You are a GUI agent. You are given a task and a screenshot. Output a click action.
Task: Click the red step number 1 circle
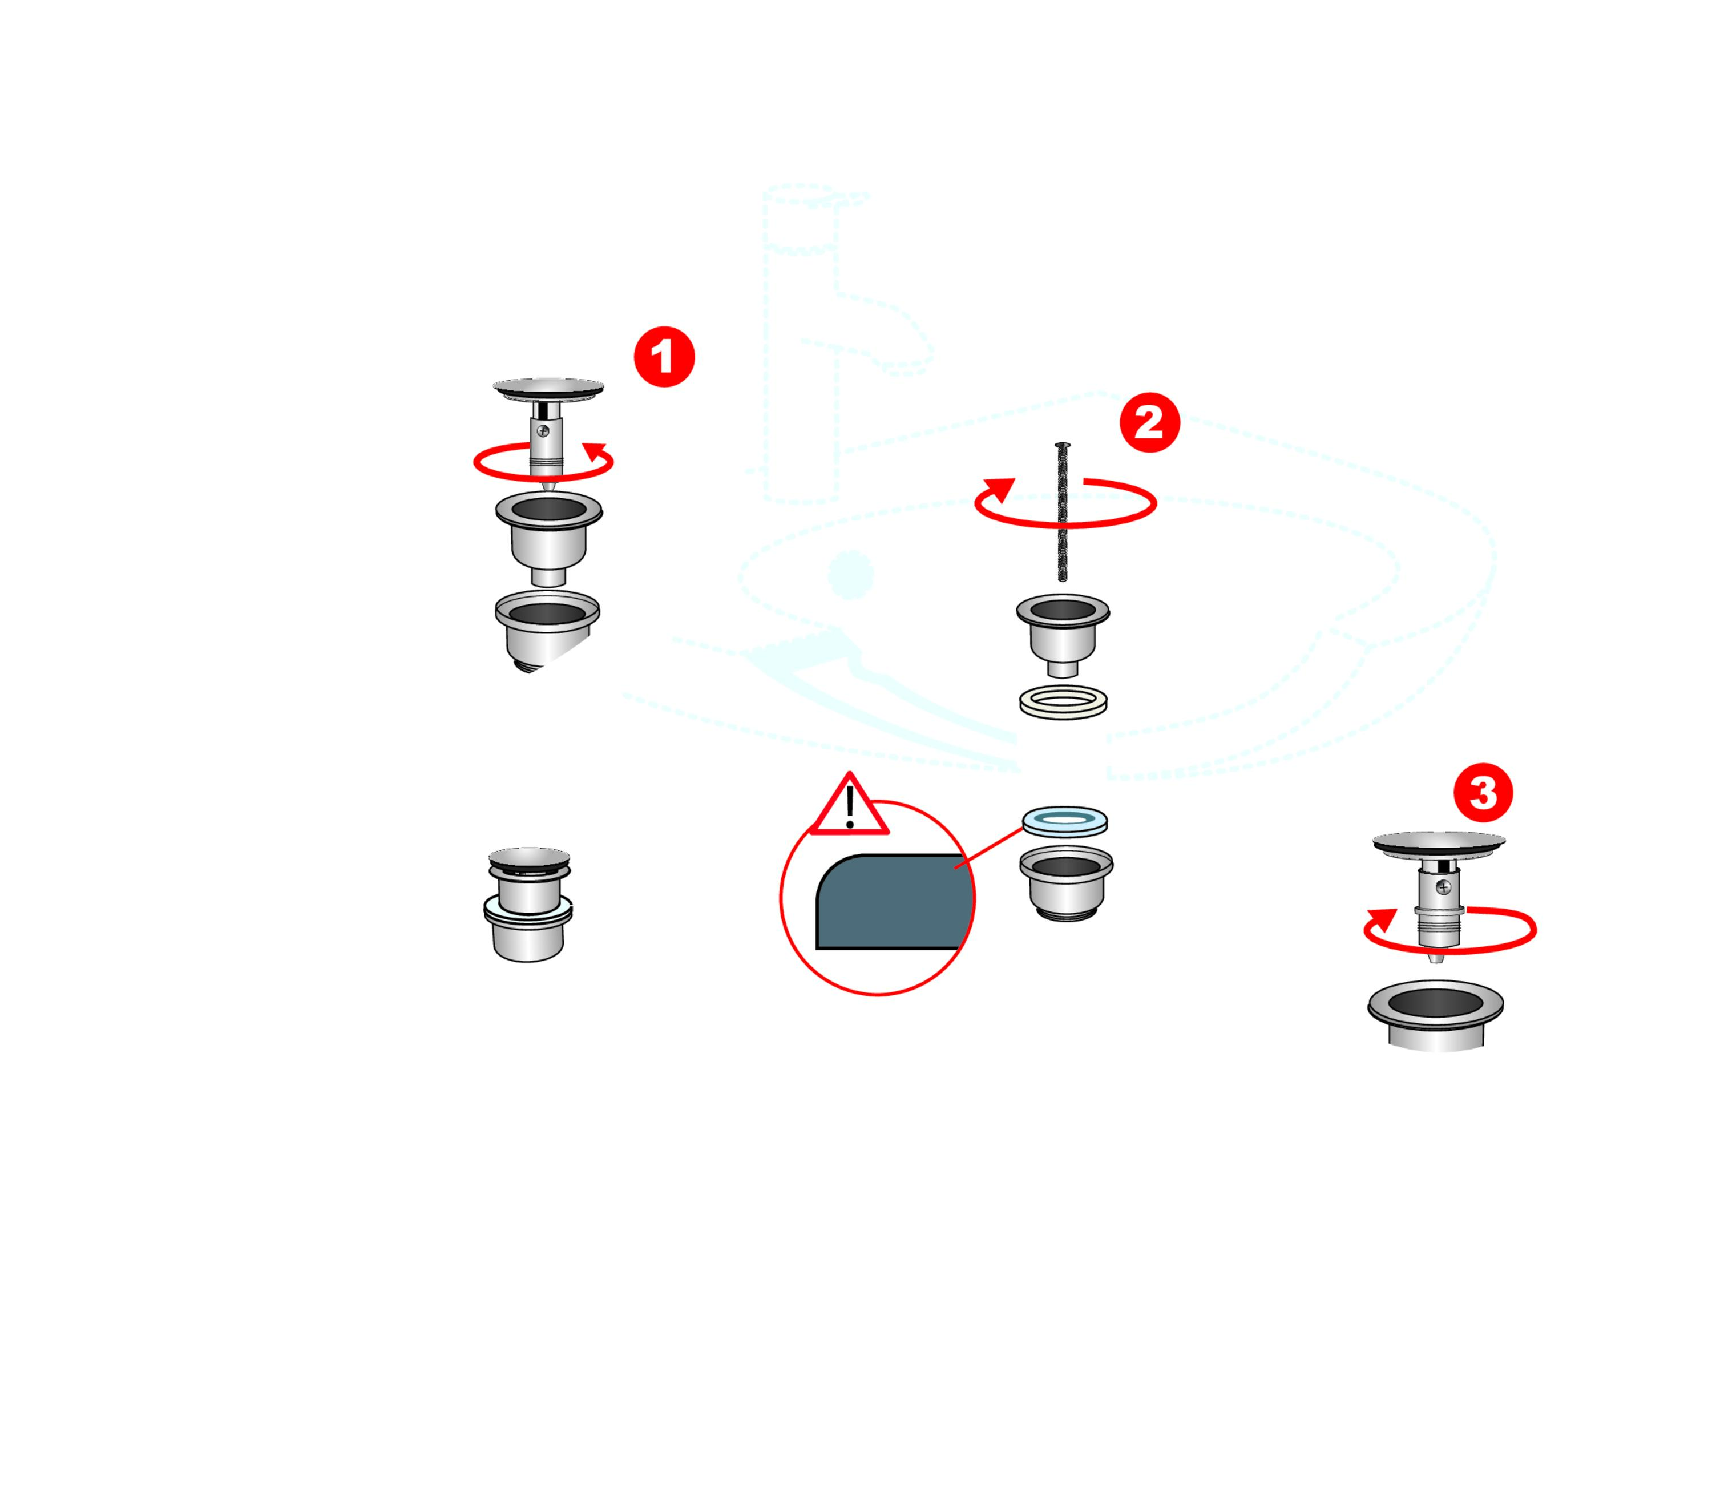pyautogui.click(x=664, y=357)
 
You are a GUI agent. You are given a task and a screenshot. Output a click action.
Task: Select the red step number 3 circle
pyautogui.click(x=1483, y=791)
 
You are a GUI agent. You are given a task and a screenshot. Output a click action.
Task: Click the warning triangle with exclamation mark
pyautogui.click(x=849, y=805)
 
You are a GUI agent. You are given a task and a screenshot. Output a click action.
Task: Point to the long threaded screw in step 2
pyautogui.click(x=1062, y=511)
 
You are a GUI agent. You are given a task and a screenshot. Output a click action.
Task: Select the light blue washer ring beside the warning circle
pyautogui.click(x=1065, y=820)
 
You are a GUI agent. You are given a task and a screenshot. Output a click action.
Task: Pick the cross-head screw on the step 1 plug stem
pyautogui.click(x=543, y=431)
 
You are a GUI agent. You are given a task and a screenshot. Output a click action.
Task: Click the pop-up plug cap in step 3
pyautogui.click(x=1438, y=842)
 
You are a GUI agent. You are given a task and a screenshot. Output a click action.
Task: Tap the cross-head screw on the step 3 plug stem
pyautogui.click(x=1443, y=887)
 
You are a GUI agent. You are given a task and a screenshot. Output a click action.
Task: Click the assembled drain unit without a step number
pyautogui.click(x=528, y=904)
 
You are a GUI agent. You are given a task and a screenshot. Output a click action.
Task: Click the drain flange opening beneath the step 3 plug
pyautogui.click(x=1435, y=1002)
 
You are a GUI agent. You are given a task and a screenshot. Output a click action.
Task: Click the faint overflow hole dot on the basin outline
pyautogui.click(x=850, y=575)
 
